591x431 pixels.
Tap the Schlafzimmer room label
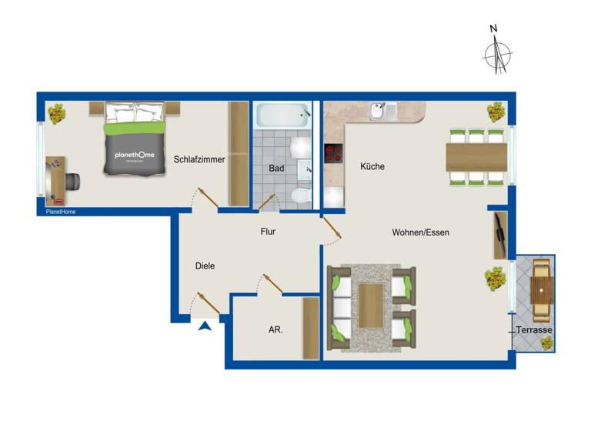(199, 160)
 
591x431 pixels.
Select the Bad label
(277, 168)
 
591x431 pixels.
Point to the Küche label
(372, 166)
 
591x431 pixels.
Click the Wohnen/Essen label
(420, 232)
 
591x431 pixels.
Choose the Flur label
(268, 231)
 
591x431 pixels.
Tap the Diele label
(205, 266)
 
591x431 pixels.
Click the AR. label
(275, 329)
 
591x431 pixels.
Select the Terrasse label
(534, 330)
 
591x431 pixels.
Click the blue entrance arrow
(205, 326)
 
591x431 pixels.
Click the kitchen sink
(381, 112)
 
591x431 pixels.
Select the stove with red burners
(333, 153)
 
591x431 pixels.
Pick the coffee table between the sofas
(372, 306)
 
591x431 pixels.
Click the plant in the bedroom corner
(56, 114)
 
